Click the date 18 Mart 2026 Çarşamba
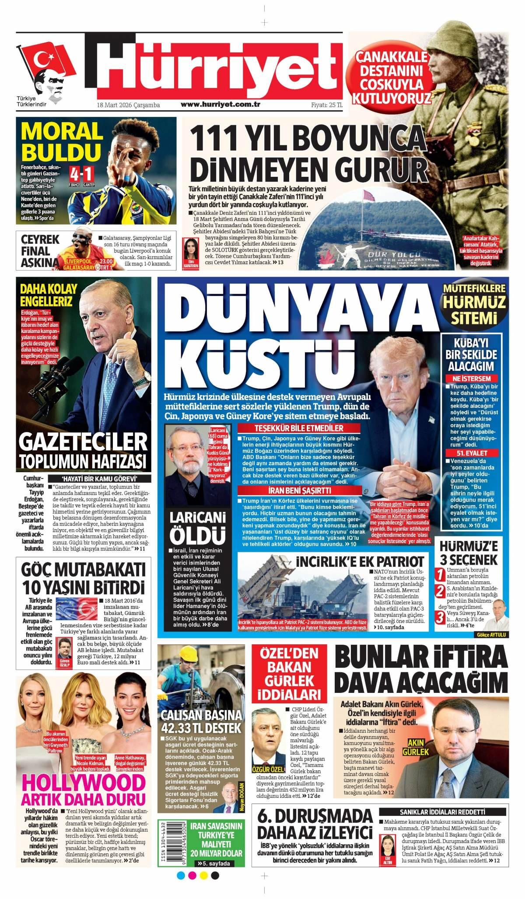128,105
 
